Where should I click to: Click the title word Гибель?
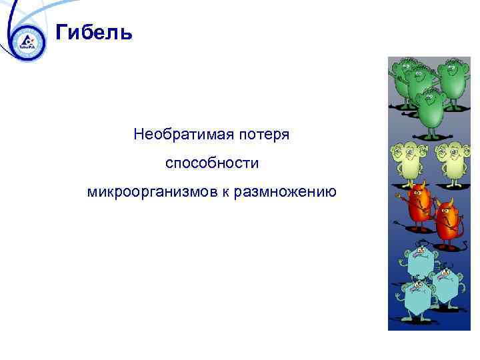94,32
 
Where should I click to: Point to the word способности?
211,163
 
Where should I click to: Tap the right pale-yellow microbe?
451,160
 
